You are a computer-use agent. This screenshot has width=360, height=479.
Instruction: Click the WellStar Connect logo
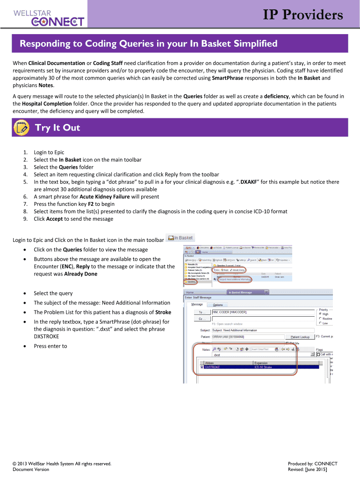(x=49, y=17)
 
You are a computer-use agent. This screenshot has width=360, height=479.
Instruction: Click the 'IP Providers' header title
(x=302, y=15)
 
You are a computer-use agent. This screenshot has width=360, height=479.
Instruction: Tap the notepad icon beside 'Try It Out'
(x=21, y=128)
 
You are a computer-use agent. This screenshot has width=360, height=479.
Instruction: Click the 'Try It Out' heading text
(x=58, y=128)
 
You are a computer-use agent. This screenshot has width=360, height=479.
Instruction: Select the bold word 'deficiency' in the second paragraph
(x=279, y=96)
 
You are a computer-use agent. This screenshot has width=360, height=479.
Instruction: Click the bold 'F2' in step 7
(x=91, y=204)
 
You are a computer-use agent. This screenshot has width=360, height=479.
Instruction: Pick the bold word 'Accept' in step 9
(x=54, y=219)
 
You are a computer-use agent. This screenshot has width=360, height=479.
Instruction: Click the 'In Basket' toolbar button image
(x=180, y=238)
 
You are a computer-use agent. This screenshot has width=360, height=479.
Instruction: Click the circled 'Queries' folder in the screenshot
(x=191, y=282)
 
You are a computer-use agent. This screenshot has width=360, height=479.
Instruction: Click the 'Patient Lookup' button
(x=302, y=337)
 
